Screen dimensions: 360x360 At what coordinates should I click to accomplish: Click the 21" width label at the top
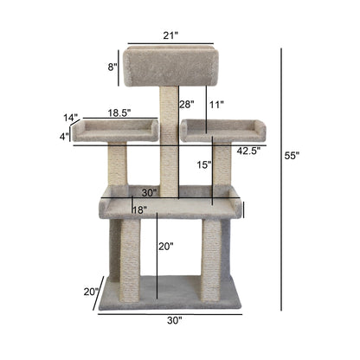click(x=170, y=35)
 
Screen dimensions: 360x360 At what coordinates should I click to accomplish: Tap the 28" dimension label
click(x=186, y=105)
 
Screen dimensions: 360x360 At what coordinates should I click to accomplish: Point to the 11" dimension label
click(x=215, y=105)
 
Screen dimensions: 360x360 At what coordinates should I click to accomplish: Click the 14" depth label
click(x=70, y=117)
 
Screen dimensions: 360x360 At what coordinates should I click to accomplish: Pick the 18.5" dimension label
click(x=119, y=112)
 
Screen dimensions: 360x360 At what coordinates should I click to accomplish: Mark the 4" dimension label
click(x=65, y=136)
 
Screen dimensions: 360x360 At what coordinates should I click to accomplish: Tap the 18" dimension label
click(x=138, y=209)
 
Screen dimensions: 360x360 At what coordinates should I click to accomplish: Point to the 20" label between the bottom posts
click(x=165, y=247)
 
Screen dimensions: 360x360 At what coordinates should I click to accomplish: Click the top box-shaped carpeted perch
click(x=170, y=66)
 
